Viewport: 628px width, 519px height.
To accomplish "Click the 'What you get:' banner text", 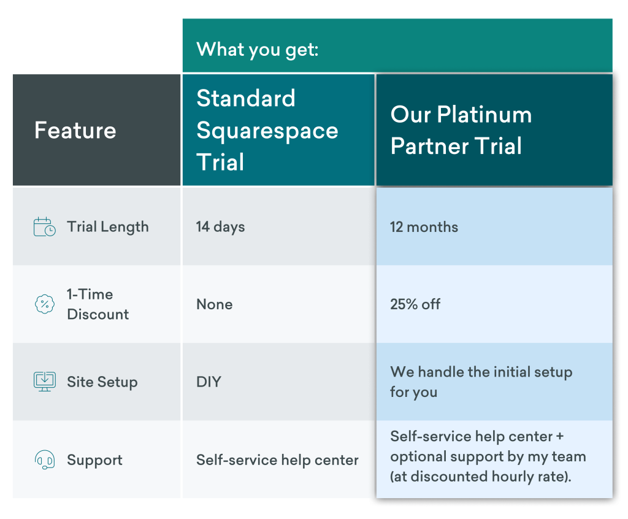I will [x=258, y=48].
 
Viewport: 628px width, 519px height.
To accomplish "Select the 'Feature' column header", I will [x=75, y=130].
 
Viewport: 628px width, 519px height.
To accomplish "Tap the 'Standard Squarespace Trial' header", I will [x=267, y=130].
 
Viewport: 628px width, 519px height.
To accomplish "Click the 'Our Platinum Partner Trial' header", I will [x=461, y=130].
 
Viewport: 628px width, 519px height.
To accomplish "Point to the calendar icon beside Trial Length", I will [x=44, y=227].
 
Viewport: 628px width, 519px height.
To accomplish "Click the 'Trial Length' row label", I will [x=108, y=227].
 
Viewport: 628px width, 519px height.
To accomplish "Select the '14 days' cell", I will [x=220, y=227].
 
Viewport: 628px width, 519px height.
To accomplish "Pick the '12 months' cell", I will [x=424, y=227].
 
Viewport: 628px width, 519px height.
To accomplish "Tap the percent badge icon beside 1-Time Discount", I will [x=44, y=304].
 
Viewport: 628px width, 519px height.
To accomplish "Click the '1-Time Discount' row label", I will [x=98, y=304].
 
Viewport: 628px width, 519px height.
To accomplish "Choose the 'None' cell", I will [x=214, y=304].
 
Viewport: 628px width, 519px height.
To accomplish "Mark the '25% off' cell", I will [x=415, y=304].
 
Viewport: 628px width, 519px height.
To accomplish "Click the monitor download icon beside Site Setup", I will [x=44, y=382].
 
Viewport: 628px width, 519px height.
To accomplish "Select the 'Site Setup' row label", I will [x=102, y=382].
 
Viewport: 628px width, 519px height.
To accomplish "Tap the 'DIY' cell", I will [x=209, y=382].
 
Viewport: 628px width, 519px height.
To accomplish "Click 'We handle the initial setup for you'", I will [x=481, y=382].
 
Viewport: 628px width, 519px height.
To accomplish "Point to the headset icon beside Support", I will [x=44, y=459].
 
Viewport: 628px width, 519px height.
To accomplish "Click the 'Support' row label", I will [x=94, y=460].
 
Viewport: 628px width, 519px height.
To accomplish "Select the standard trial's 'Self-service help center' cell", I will [x=277, y=460].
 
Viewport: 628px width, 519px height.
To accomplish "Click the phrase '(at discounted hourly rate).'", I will [x=481, y=477].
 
